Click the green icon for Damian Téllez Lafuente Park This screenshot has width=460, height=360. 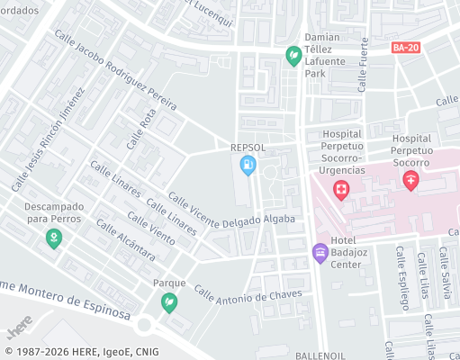tap(293, 57)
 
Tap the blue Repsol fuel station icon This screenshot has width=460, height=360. tap(248, 165)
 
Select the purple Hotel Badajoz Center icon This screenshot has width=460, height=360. tap(320, 252)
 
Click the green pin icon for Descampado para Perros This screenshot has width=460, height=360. tap(54, 238)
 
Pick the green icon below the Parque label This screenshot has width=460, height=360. tap(168, 302)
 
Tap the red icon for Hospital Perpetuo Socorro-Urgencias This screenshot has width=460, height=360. tap(341, 189)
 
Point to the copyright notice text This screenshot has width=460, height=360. tap(80, 351)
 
